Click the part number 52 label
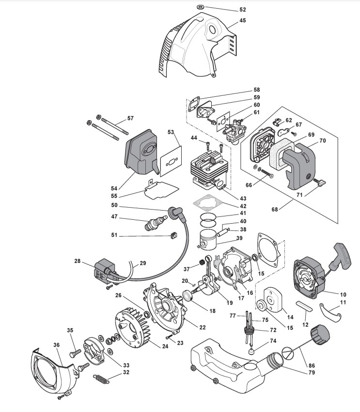pyautogui.click(x=243, y=10)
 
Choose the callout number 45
pyautogui.click(x=242, y=21)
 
